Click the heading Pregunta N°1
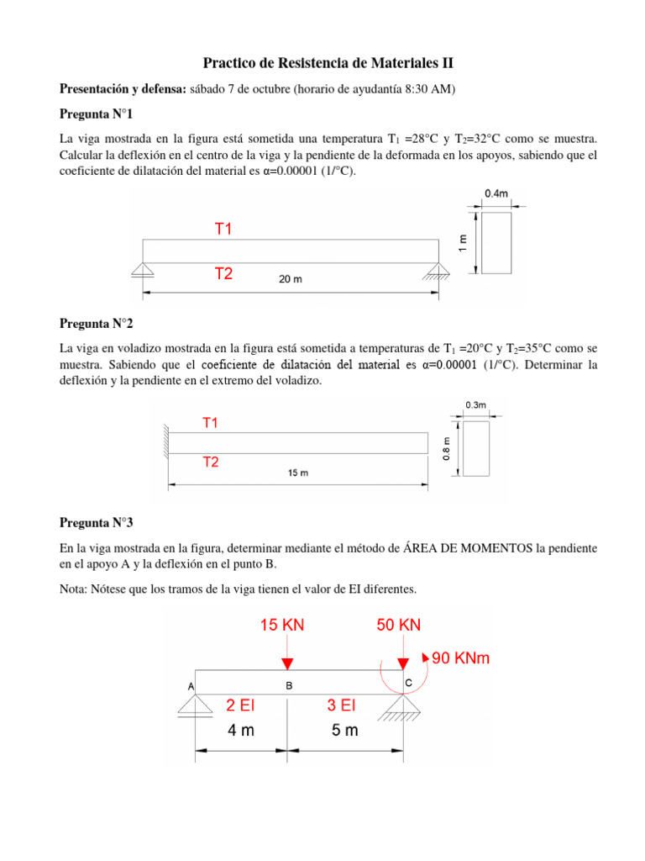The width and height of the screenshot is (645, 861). [96, 113]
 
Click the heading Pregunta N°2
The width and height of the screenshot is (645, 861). [96, 323]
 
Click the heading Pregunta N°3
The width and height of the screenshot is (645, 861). [96, 522]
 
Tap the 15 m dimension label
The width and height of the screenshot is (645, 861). [297, 473]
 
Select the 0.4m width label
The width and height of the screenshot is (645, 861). [496, 193]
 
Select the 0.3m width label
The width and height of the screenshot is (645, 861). [475, 404]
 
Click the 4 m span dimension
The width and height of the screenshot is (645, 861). [240, 731]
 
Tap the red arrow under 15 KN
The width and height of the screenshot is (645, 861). [287, 656]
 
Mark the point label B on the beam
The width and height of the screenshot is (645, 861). [289, 686]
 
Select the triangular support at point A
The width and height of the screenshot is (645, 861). [195, 706]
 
